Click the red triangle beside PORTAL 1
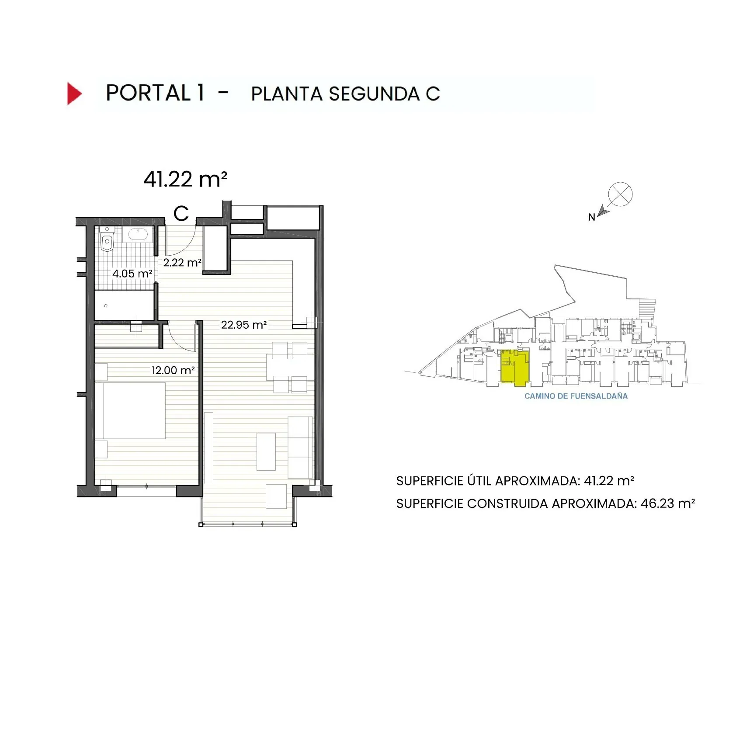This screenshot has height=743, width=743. (74, 94)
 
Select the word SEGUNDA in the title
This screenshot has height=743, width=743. (374, 94)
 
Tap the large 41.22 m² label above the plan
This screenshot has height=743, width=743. (185, 179)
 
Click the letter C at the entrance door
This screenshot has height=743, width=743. (181, 214)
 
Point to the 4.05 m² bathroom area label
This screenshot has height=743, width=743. (132, 274)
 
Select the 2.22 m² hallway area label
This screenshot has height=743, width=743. (182, 263)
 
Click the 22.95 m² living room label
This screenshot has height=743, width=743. (244, 325)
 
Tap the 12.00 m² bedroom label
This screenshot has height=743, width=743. (173, 370)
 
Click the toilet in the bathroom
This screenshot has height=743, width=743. (107, 241)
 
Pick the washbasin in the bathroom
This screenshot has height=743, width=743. (138, 234)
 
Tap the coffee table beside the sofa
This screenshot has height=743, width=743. (266, 451)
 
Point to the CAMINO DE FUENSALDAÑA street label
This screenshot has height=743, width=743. (576, 396)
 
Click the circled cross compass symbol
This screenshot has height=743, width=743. (620, 194)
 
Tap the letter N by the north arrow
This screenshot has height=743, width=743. (591, 217)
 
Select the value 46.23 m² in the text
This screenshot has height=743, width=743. (667, 503)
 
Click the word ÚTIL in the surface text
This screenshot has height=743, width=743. (479, 481)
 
